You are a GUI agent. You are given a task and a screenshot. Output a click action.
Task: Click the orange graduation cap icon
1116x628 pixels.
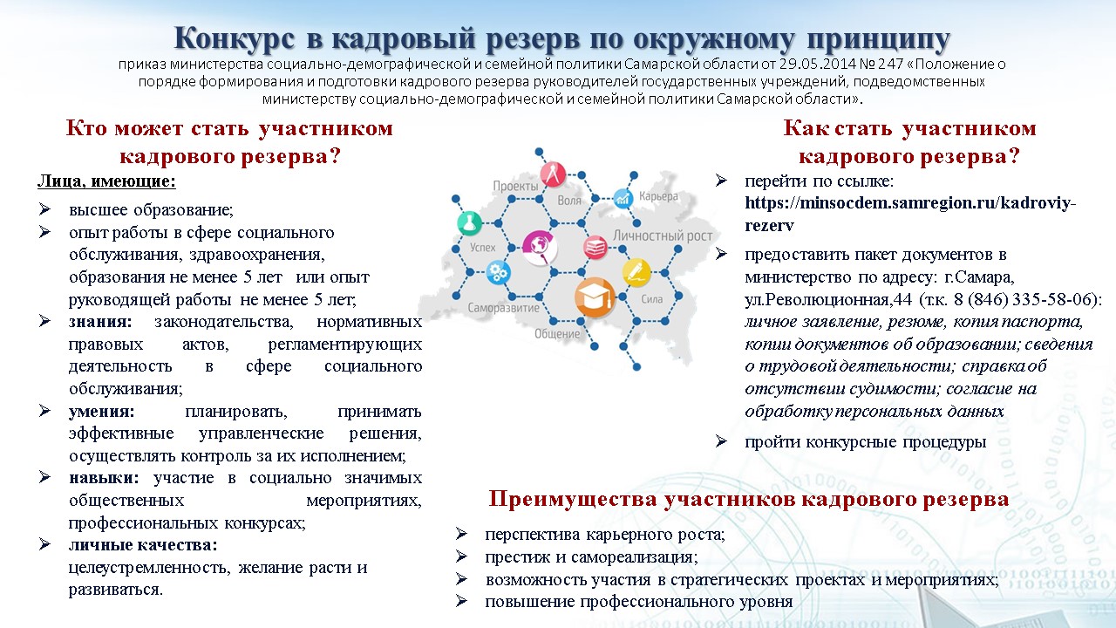point(595,297)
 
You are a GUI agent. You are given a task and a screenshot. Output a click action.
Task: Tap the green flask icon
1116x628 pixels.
point(469,223)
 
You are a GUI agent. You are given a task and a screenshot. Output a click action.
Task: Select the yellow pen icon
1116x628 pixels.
point(636,273)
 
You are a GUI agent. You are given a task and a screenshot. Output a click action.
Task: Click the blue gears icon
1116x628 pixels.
point(498,273)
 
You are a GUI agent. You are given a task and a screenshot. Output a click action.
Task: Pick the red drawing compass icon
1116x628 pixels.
point(553,174)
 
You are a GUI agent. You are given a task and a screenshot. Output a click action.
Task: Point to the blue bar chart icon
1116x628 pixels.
point(623,198)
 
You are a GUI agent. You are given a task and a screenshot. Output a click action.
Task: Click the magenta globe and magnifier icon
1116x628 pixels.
point(540,247)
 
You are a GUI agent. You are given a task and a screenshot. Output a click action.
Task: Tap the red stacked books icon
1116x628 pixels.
point(595,247)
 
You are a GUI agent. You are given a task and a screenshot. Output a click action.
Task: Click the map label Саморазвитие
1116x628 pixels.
point(503,308)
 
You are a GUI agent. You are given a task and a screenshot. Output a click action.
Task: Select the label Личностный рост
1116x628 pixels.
point(662,235)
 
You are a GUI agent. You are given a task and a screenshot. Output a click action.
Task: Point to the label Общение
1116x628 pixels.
point(557,333)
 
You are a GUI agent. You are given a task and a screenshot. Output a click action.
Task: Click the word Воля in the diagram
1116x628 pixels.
point(569,201)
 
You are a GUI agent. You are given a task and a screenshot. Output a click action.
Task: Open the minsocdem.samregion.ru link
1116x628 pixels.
point(910,214)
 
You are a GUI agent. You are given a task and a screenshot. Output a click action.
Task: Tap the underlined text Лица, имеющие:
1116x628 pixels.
point(106,181)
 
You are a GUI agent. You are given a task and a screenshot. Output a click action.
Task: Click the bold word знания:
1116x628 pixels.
point(100,322)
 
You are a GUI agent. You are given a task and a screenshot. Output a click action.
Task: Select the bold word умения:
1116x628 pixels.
point(102,412)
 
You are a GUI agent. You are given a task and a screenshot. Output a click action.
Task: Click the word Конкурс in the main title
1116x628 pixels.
point(235,38)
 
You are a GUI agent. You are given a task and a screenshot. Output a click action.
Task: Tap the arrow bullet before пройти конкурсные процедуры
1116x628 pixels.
point(721,441)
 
